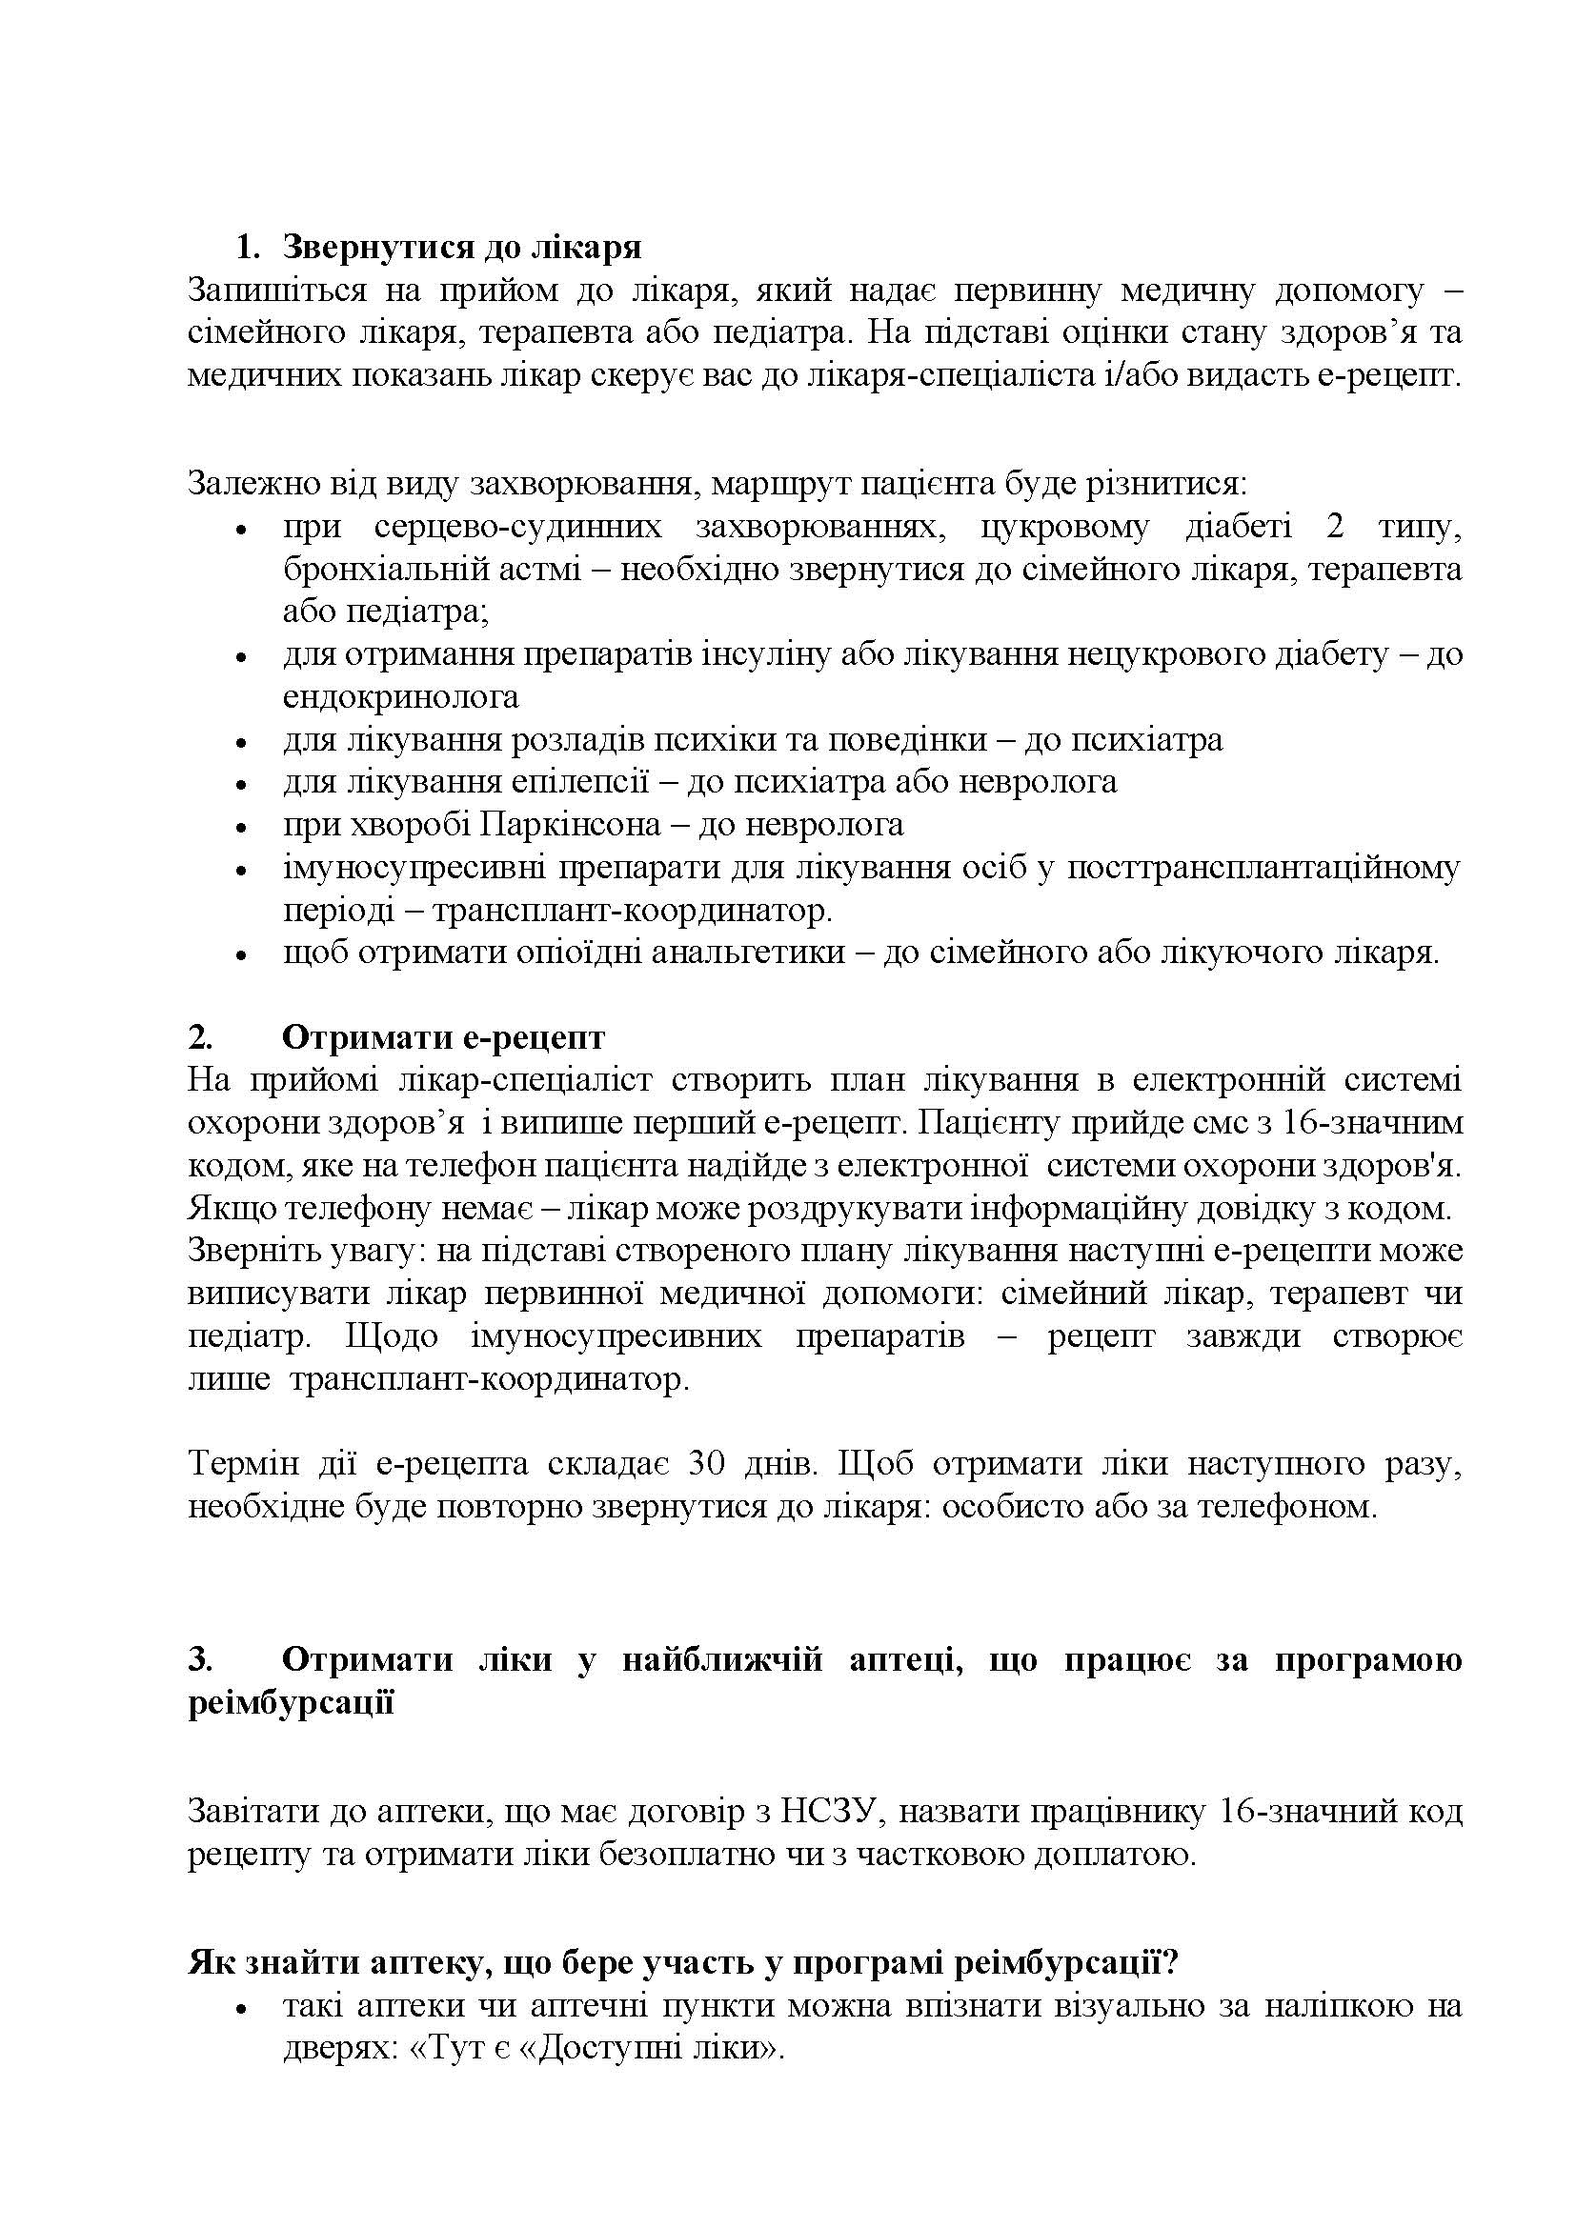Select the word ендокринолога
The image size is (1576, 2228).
pos(401,696)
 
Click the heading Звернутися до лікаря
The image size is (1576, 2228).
pos(462,248)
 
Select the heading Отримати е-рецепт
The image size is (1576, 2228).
pos(443,1037)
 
